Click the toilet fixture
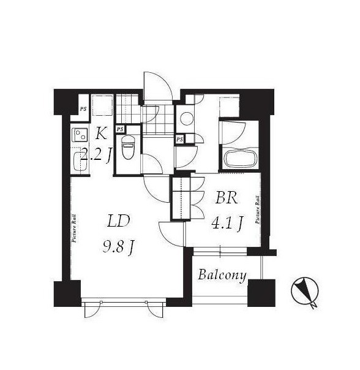click(127, 148)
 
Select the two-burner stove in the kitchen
click(80, 135)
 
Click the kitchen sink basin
click(78, 162)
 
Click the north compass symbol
click(305, 292)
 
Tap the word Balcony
click(222, 276)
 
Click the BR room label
click(227, 198)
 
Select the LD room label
click(118, 221)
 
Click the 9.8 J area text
click(119, 247)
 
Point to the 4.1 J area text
click(227, 223)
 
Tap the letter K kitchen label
click(101, 134)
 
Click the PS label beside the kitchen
click(83, 109)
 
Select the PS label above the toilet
click(120, 129)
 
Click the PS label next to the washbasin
click(180, 139)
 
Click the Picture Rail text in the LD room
click(74, 228)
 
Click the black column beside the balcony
click(261, 293)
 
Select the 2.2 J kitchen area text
click(96, 155)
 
